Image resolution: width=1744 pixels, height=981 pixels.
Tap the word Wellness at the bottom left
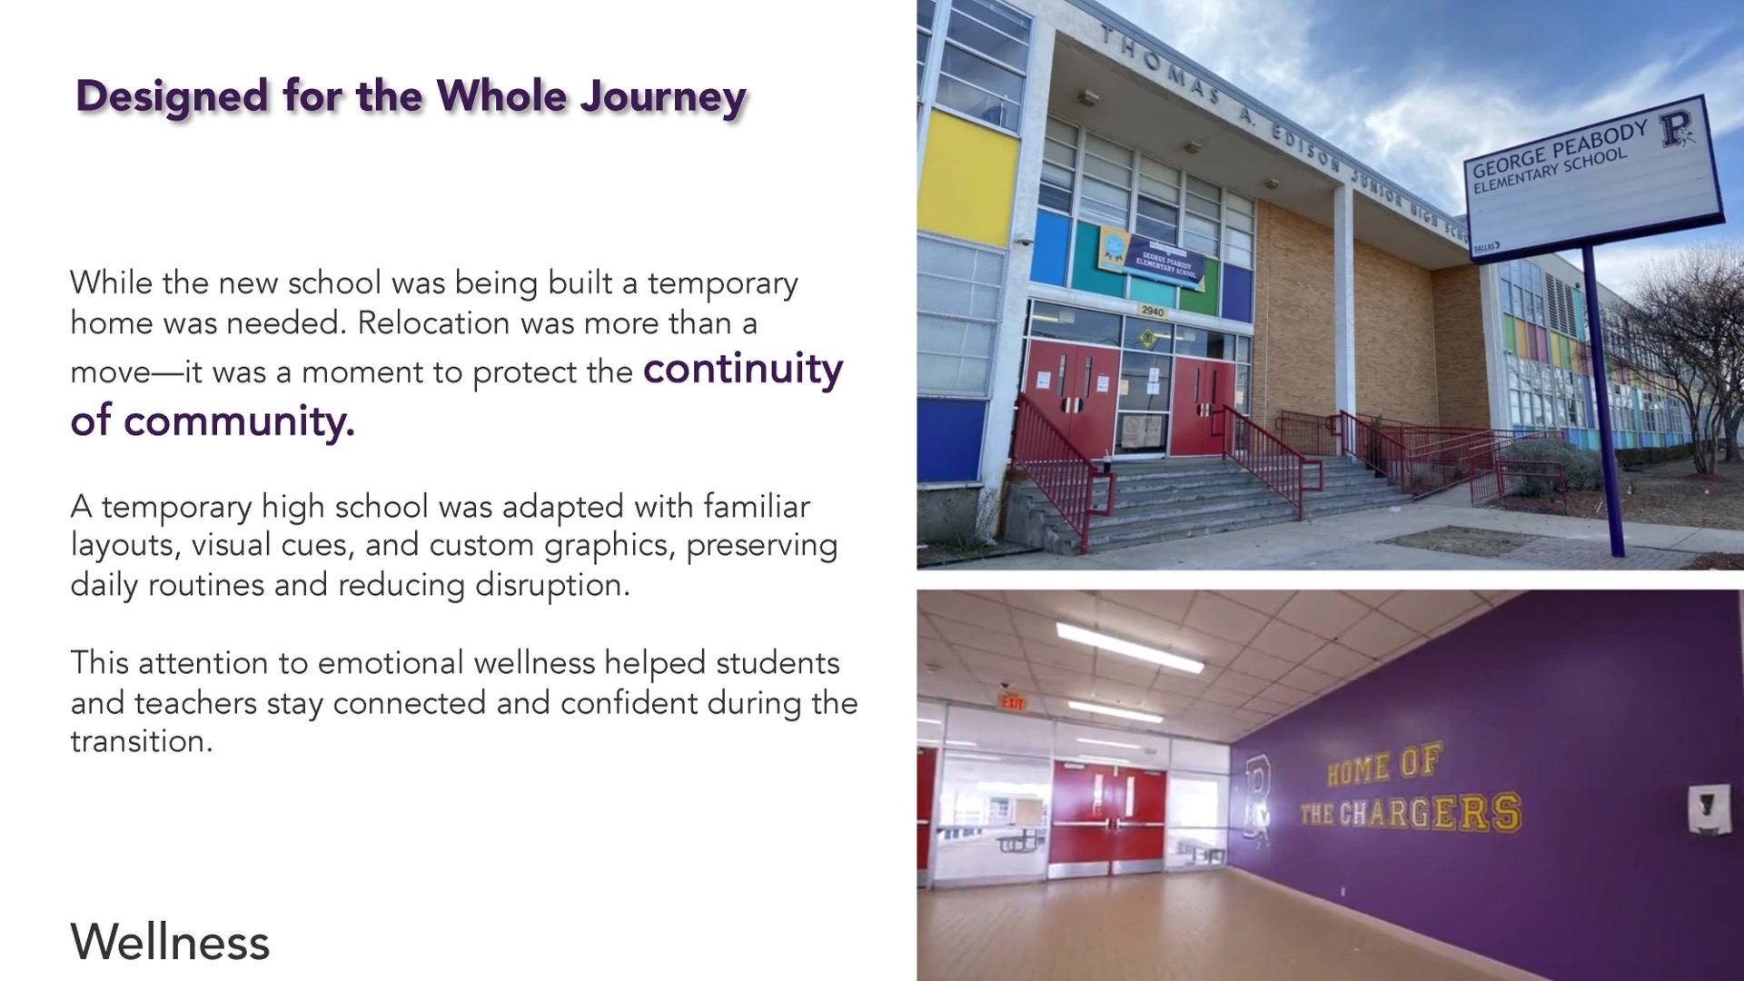click(170, 941)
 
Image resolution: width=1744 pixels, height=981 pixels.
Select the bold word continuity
click(743, 369)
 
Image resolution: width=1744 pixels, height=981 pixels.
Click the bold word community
click(239, 421)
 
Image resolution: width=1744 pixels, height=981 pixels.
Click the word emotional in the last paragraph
click(390, 662)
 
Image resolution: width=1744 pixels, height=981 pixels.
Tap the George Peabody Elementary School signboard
click(1593, 180)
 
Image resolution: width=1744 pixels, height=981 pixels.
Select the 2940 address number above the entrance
click(1153, 312)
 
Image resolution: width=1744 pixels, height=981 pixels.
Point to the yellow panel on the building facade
click(967, 178)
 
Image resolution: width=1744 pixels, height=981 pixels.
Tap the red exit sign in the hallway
click(1012, 702)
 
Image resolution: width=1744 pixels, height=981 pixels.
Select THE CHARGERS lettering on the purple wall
click(1411, 812)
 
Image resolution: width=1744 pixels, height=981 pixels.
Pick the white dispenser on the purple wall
click(1709, 808)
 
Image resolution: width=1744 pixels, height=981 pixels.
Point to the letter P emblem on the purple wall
click(1258, 798)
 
